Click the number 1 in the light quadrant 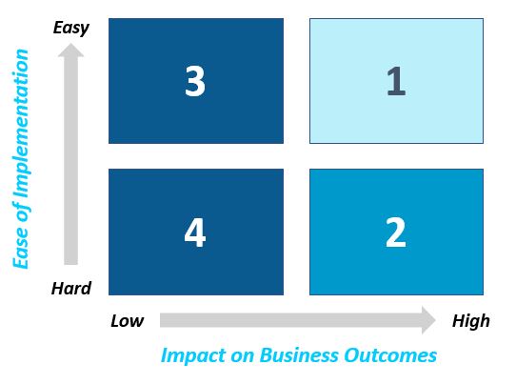(x=396, y=81)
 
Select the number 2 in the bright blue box (x=395, y=232)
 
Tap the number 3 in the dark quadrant (x=195, y=81)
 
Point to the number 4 (x=195, y=232)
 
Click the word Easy (x=71, y=28)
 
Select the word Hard (x=71, y=288)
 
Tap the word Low (x=127, y=321)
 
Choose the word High (x=471, y=321)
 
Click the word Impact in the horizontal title (x=193, y=355)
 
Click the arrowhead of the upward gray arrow (x=70, y=51)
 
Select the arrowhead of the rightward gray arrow (x=428, y=320)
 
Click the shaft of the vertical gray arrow (x=70, y=161)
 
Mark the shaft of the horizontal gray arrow (x=291, y=320)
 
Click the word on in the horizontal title (x=243, y=356)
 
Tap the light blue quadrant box (x=396, y=81)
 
